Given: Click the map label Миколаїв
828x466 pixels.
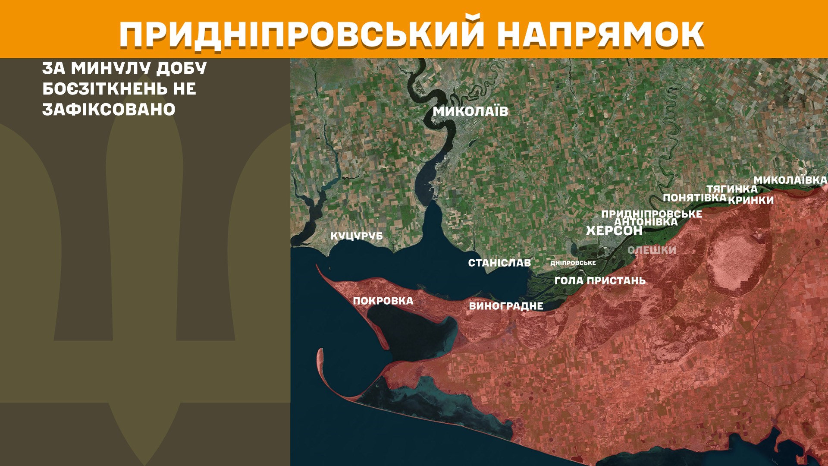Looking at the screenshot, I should (470, 111).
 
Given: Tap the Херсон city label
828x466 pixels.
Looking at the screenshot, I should (614, 231).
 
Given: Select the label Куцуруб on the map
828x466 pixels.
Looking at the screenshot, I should (357, 236).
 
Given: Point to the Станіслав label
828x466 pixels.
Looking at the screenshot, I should (499, 263).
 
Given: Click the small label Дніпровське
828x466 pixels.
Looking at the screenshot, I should (573, 263).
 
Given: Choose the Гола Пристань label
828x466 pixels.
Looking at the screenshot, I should (600, 280).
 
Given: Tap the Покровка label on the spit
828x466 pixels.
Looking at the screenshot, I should (383, 301).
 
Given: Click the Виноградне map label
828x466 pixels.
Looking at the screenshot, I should (506, 306).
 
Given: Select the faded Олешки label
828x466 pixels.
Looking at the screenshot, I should (652, 250).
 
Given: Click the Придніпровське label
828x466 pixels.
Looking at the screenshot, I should (651, 214).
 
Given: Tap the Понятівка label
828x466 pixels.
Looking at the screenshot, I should (694, 198).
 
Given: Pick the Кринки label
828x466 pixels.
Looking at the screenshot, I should (751, 200).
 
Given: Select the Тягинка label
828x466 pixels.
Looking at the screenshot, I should (732, 189).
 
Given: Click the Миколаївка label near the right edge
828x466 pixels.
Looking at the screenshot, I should (790, 180).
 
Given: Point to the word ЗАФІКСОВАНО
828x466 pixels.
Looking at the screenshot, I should (109, 110).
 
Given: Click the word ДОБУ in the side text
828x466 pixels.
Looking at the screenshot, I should (182, 68).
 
